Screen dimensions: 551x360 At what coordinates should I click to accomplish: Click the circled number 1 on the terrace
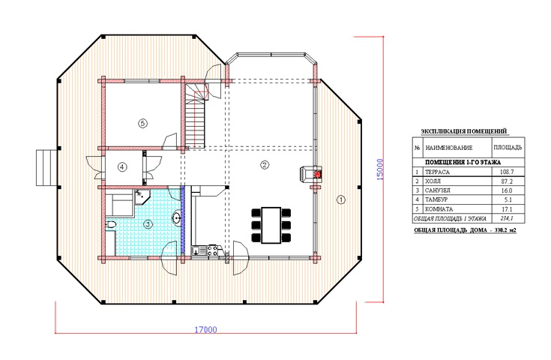coord(341,199)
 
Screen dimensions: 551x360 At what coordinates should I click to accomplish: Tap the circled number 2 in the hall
coord(265,164)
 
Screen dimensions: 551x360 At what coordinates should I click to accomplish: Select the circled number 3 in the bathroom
coord(148,224)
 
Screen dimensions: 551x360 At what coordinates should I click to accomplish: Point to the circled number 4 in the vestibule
coord(122,167)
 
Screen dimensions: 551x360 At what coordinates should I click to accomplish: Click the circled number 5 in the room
coord(142,124)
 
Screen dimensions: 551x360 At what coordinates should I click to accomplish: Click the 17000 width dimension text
coord(206,330)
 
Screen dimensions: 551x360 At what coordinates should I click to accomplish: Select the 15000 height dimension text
coord(380,169)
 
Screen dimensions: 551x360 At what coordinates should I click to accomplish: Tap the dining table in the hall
coord(271,225)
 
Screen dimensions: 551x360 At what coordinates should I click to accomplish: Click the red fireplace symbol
coord(318,174)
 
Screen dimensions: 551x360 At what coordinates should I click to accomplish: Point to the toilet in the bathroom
coord(110,225)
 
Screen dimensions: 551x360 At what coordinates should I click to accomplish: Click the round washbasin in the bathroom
coord(176,217)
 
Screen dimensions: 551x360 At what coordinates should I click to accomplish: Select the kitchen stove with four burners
coord(212,250)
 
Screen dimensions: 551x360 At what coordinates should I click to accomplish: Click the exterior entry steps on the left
coord(46,168)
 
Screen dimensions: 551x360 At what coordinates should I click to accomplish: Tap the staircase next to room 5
coord(195,116)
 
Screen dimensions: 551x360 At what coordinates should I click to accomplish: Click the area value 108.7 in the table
coord(507,172)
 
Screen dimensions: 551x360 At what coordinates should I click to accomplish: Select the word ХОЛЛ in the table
coord(433,181)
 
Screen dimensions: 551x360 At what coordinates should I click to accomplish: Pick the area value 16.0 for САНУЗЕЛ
coord(507,190)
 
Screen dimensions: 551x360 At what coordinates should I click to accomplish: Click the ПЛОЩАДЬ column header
coord(508,148)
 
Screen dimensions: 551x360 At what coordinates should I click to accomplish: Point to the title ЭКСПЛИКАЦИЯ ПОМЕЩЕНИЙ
coord(464,131)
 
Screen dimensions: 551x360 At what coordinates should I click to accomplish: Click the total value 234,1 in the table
coord(507,218)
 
